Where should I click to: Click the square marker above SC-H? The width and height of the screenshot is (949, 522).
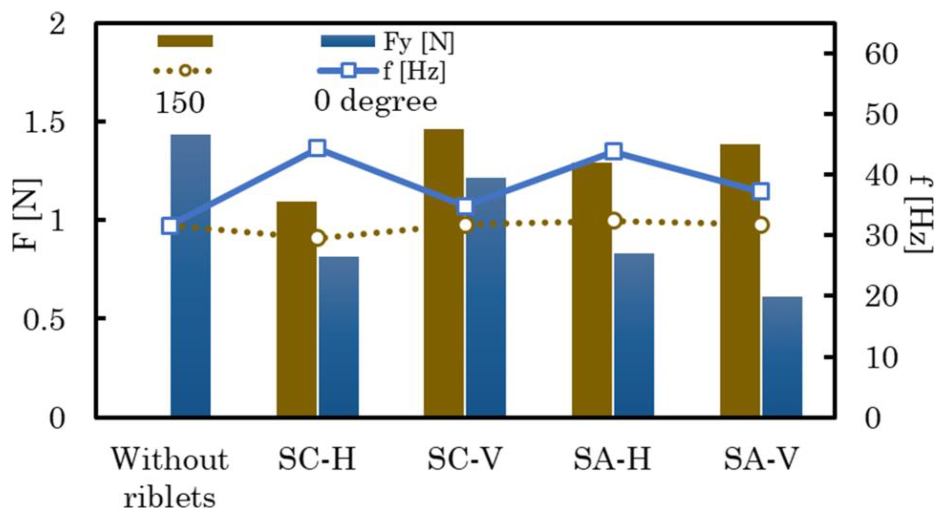click(318, 148)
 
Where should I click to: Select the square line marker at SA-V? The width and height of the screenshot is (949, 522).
click(761, 191)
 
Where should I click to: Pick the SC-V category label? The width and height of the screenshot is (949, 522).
click(465, 459)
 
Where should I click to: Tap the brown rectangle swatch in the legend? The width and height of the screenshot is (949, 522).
click(185, 41)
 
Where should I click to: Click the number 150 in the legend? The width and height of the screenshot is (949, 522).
click(180, 102)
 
